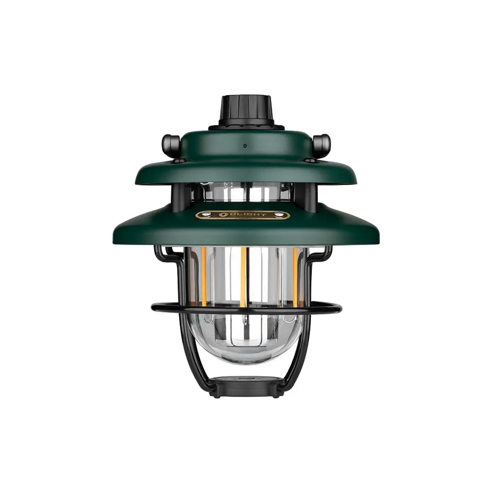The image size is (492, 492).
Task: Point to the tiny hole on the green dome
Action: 245,146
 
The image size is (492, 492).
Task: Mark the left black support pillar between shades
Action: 179,194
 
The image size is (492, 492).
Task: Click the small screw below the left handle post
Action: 179,160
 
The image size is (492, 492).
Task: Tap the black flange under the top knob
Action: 246,126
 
